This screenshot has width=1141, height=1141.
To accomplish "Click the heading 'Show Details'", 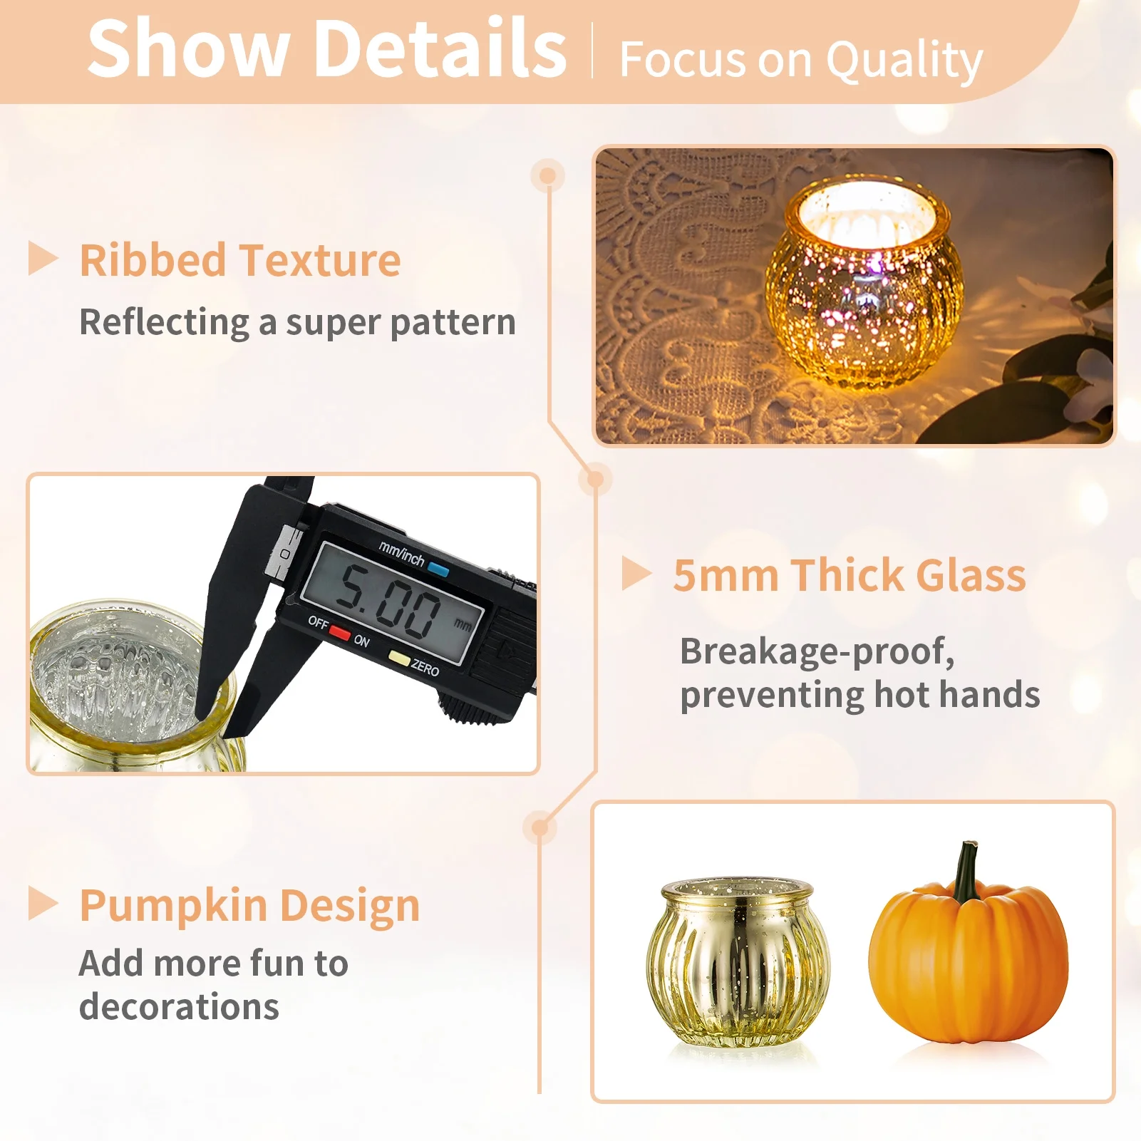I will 326,48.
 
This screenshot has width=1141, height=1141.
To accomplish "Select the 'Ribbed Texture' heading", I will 239,260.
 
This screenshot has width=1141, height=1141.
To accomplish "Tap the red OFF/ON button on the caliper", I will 340,632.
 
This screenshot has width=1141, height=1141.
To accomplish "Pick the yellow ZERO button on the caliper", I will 399,659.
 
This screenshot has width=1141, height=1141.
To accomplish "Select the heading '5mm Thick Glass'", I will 849,575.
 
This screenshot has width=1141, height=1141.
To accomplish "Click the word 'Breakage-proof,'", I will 817,651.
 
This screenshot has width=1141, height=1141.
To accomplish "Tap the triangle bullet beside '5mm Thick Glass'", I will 635,574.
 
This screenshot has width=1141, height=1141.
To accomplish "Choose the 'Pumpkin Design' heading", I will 249,905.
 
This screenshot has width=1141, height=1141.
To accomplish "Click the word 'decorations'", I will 179,1007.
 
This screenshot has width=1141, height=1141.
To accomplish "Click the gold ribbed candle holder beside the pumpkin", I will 738,962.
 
